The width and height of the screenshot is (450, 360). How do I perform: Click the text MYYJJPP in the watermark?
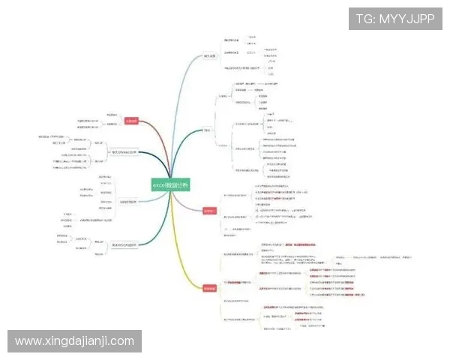pos(407,19)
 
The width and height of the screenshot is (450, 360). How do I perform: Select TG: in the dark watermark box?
pos(365,19)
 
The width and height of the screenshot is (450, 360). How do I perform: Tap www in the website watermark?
pos(28,341)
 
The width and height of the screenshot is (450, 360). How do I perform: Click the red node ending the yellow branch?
pos(209,288)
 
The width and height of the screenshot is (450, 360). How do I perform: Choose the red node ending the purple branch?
pos(209,211)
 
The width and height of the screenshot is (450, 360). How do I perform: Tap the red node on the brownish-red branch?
pos(131,121)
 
